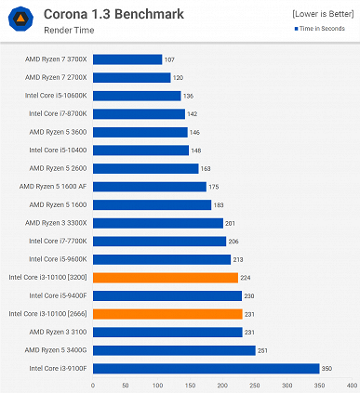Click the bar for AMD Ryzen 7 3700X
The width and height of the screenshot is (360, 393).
click(x=127, y=59)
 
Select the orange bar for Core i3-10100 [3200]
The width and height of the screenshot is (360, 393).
click(x=166, y=277)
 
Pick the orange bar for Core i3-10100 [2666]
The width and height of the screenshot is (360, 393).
click(x=167, y=313)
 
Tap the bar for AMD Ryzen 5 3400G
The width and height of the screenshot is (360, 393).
click(x=174, y=350)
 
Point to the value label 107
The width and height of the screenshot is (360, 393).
click(x=169, y=59)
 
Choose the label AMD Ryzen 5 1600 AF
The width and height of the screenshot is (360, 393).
click(x=55, y=186)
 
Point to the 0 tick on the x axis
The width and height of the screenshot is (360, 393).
click(x=93, y=383)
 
